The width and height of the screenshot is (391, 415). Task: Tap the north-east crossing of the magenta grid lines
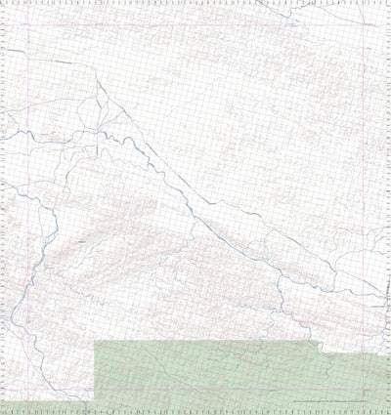click(x=369, y=51)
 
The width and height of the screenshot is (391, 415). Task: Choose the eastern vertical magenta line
click(x=369, y=195)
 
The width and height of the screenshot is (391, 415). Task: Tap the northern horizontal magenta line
click(x=195, y=51)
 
